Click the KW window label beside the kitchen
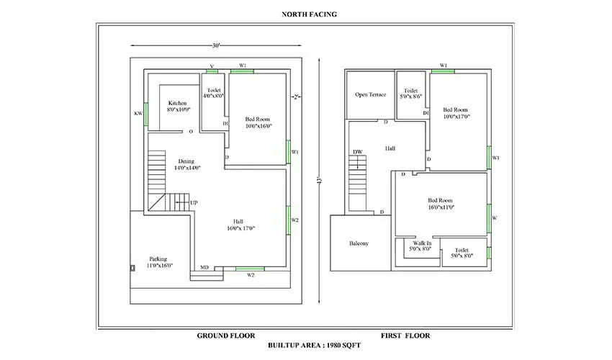coord(138,114)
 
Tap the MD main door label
coord(204,266)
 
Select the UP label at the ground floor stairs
coord(194,203)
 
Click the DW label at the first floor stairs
coord(357,152)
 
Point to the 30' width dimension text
coord(215,46)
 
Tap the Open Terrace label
coord(370,94)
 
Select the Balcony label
coord(359,243)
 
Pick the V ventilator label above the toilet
coord(211,66)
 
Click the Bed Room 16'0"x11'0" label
coord(441,204)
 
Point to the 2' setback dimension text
coord(295,96)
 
